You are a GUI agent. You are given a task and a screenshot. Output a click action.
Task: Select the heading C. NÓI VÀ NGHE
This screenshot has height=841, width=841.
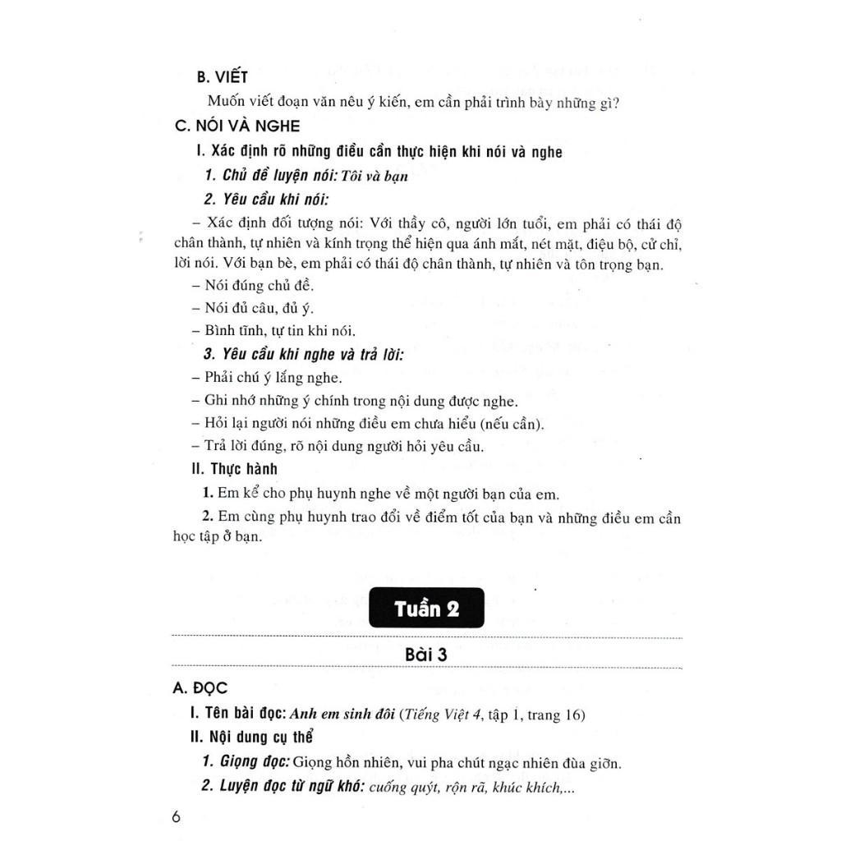(237, 126)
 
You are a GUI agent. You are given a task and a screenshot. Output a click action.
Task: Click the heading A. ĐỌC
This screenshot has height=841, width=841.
(201, 688)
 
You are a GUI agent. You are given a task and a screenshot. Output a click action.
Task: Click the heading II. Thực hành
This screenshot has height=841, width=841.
(233, 469)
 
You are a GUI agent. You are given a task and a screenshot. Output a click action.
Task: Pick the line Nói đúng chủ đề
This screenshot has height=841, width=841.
(251, 286)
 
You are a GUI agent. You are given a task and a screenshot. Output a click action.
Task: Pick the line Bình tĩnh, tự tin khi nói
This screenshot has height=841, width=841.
(272, 332)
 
